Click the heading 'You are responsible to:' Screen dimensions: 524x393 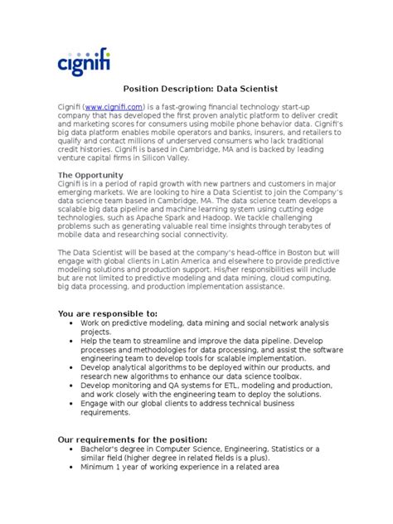click(x=106, y=313)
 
